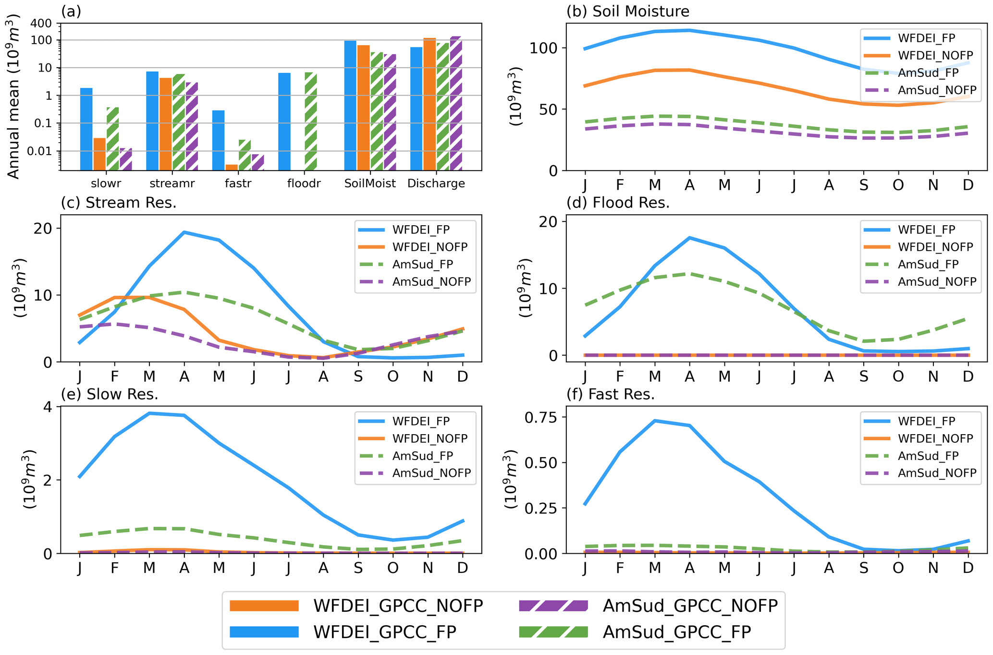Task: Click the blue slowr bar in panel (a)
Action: point(86,129)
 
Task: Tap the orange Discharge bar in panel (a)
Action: point(429,104)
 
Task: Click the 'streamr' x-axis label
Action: point(172,183)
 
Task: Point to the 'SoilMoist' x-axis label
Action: point(370,183)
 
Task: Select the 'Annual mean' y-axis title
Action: point(13,96)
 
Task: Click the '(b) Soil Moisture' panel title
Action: point(628,11)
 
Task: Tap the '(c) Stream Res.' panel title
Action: point(119,203)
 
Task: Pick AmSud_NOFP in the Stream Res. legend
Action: point(431,282)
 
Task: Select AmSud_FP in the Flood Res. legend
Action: point(928,265)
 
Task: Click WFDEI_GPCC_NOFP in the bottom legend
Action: point(398,606)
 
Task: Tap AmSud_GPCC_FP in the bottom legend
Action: point(676,632)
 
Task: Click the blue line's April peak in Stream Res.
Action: point(184,232)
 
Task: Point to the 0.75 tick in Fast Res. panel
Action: point(540,418)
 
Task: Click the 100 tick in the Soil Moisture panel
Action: point(544,48)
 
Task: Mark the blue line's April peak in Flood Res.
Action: point(689,238)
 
